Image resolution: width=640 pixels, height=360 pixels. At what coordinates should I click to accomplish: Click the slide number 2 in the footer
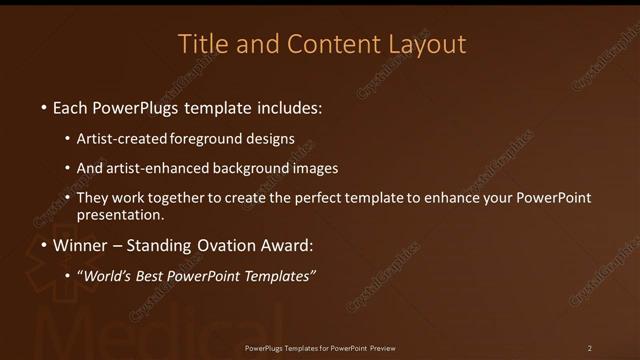(x=589, y=348)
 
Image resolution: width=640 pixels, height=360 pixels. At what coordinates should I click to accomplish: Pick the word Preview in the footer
(x=381, y=348)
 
